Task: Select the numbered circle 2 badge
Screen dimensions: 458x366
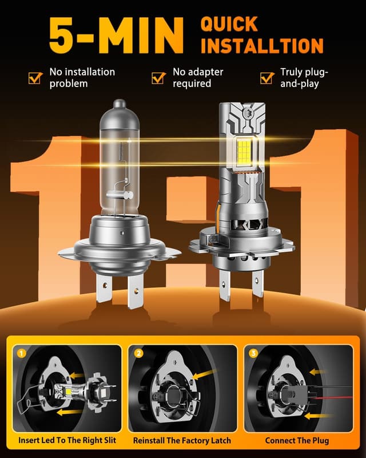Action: [138, 353]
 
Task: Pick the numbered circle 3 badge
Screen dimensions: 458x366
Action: [253, 353]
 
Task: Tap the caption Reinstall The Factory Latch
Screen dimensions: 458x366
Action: [182, 441]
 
